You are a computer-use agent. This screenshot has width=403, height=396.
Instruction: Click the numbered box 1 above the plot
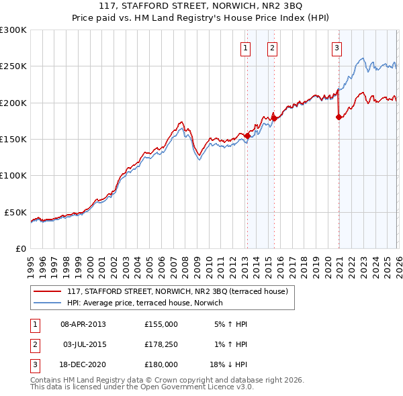pos(246,48)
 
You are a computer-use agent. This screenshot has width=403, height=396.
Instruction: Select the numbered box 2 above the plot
pos(272,48)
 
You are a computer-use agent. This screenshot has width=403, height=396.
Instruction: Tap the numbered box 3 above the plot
pos(337,48)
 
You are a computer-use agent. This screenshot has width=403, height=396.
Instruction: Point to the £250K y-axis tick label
pos(13,66)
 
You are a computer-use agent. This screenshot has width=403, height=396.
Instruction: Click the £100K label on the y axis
pos(13,175)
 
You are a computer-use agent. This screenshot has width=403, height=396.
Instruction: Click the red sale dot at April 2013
pos(247,136)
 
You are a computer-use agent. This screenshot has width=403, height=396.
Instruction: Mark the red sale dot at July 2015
pos(274,119)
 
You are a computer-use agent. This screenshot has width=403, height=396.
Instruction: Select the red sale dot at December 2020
pos(339,117)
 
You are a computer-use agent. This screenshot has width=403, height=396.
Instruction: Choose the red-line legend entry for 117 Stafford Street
pos(177,291)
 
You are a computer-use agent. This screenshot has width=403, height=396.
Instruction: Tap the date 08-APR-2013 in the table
pos(83,324)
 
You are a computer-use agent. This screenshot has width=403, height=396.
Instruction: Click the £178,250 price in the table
pos(161,344)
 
